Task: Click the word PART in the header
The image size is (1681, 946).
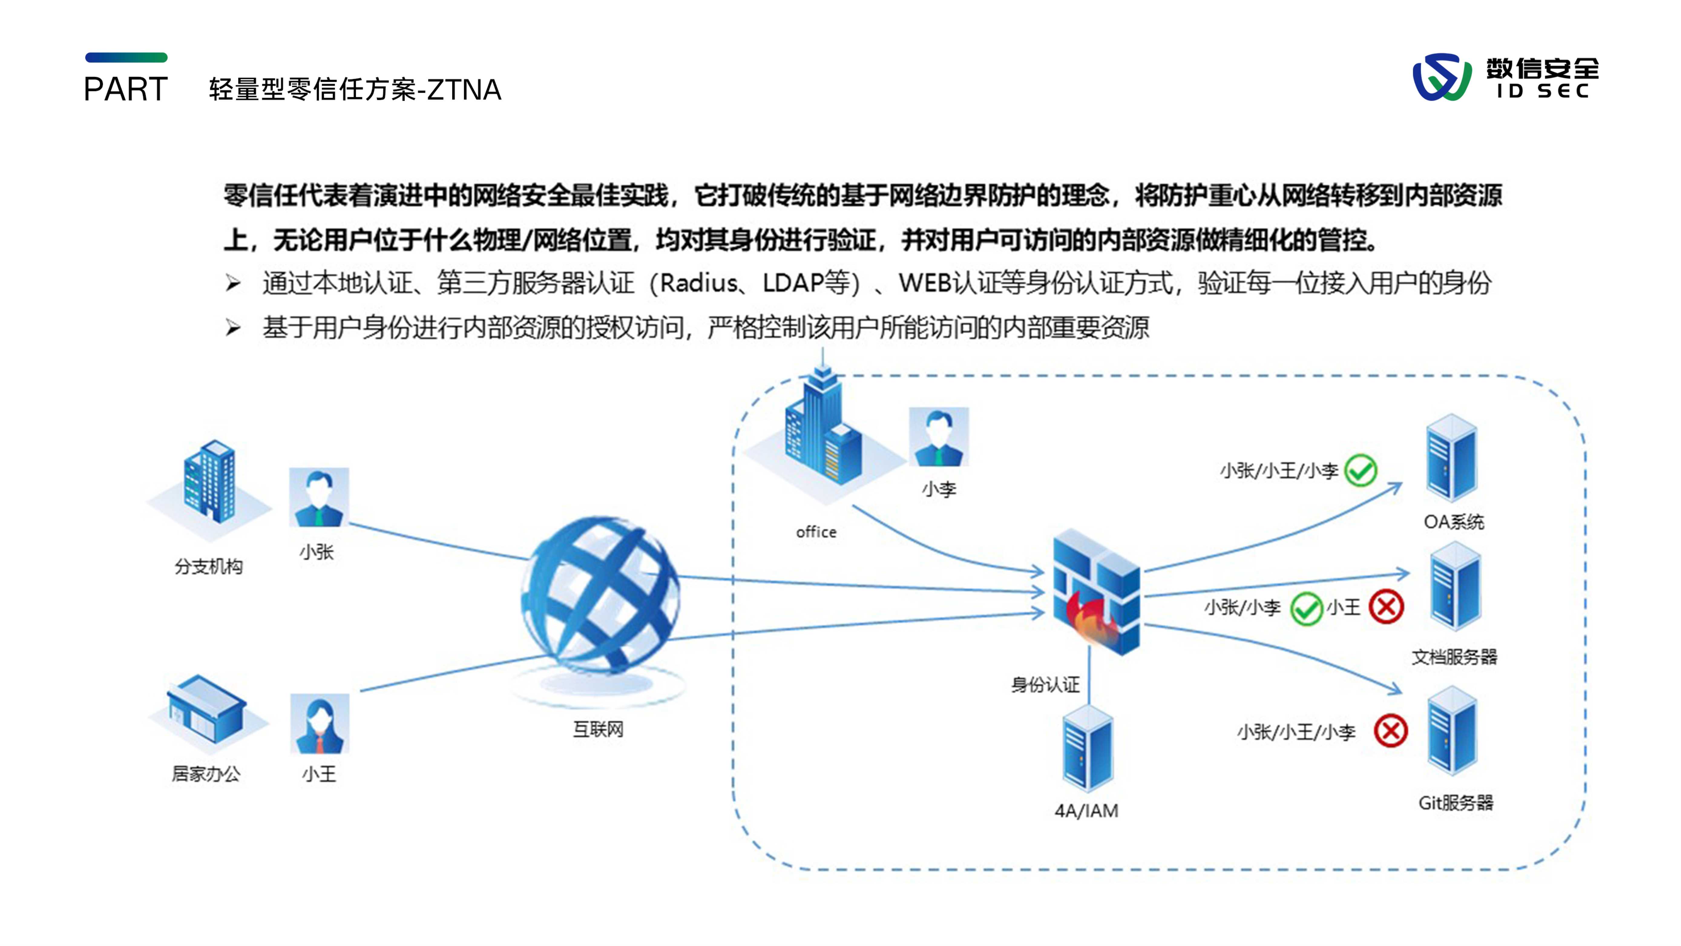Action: point(126,89)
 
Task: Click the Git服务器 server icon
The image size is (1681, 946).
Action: point(1452,731)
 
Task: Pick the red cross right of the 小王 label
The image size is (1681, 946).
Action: point(1386,607)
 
